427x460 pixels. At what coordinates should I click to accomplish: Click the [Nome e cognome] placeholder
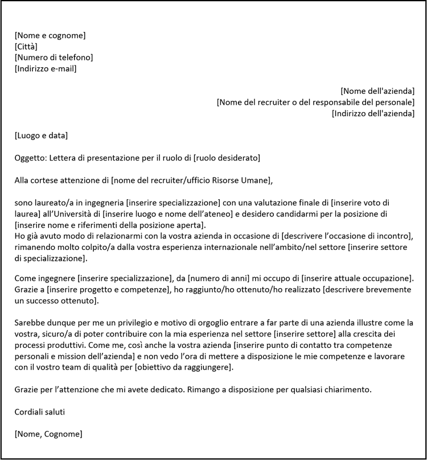[50, 36]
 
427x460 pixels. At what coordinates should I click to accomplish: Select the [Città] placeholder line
[26, 47]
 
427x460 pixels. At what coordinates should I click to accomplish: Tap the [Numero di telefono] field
[54, 57]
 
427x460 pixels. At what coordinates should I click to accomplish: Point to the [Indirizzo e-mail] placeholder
[46, 69]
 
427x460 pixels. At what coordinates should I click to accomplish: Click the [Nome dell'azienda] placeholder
[377, 91]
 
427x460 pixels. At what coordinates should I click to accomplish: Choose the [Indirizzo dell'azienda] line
[372, 113]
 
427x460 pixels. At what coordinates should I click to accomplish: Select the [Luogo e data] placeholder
[41, 135]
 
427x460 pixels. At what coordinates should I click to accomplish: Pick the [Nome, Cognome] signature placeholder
[48, 434]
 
